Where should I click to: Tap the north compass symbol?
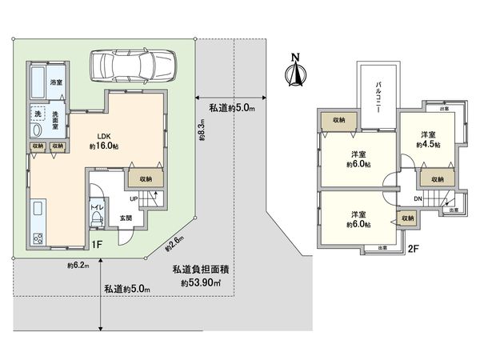[x=294, y=71]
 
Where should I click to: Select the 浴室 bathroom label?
[x=56, y=83]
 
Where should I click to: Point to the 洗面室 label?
[x=55, y=121]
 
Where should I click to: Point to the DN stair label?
[x=418, y=199]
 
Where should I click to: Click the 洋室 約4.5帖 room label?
[x=428, y=140]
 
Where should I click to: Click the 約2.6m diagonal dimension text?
[x=175, y=241]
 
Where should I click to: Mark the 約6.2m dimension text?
[x=77, y=265]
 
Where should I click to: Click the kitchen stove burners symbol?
[x=37, y=238]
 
